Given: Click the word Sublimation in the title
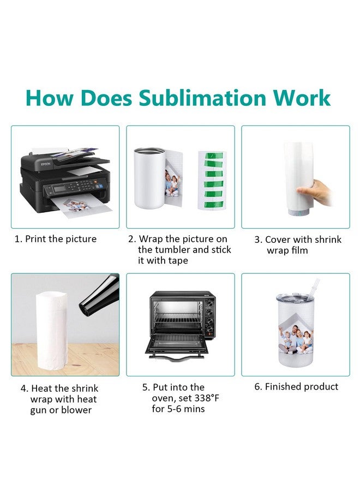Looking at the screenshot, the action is [x=202, y=98].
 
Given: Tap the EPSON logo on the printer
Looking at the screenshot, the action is [x=45, y=164].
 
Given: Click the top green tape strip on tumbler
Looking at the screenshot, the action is [x=214, y=155].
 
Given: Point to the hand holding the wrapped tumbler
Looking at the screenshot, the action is [x=315, y=192].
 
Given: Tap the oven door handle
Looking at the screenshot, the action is [x=177, y=357].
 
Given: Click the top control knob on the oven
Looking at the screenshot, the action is [x=209, y=302].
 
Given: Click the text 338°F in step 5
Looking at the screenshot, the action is [x=207, y=398].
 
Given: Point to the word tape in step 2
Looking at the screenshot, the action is [x=178, y=261].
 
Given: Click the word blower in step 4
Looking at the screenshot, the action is [x=76, y=410].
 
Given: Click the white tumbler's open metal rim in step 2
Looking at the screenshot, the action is [x=149, y=151].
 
